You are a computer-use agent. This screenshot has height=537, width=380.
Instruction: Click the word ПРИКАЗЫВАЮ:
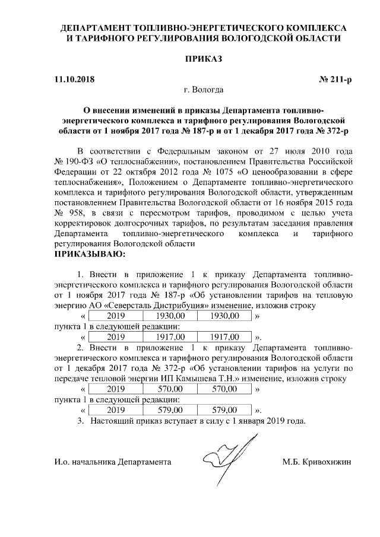(x=90, y=255)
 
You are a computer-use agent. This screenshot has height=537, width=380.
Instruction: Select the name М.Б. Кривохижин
(x=318, y=462)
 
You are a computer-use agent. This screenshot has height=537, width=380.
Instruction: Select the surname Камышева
(x=249, y=379)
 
